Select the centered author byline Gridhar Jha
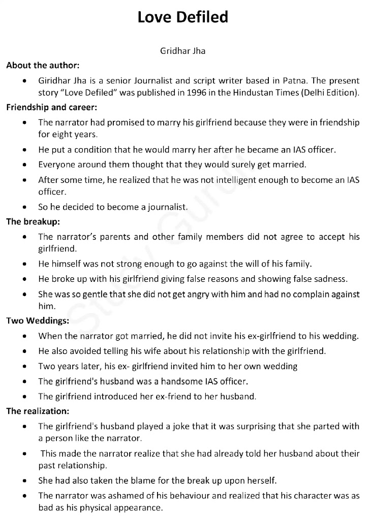[x=183, y=51]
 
